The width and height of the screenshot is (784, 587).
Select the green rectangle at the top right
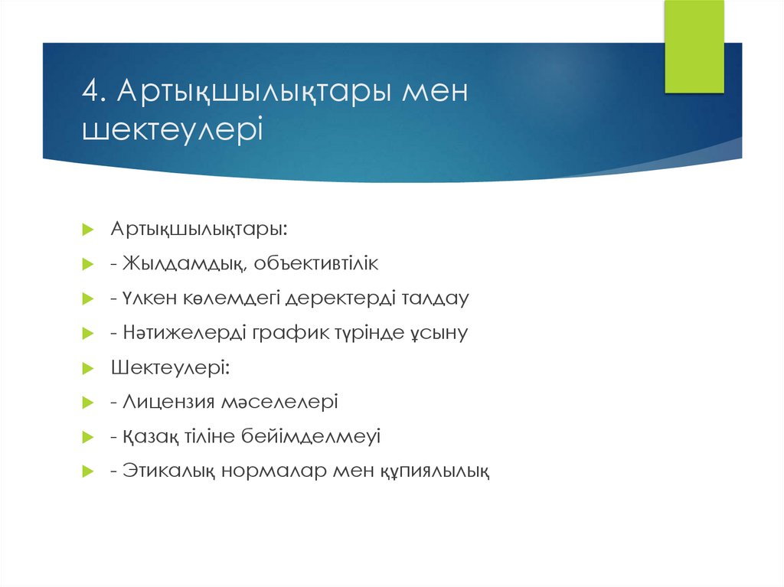point(694,47)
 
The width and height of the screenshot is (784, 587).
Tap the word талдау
point(434,298)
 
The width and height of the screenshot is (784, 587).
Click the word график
point(285,333)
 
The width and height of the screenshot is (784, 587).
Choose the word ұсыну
point(436,333)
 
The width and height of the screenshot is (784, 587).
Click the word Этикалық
point(168,471)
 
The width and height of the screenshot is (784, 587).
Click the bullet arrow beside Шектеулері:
point(87,368)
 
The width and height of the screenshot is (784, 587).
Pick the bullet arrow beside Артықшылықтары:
point(87,230)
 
